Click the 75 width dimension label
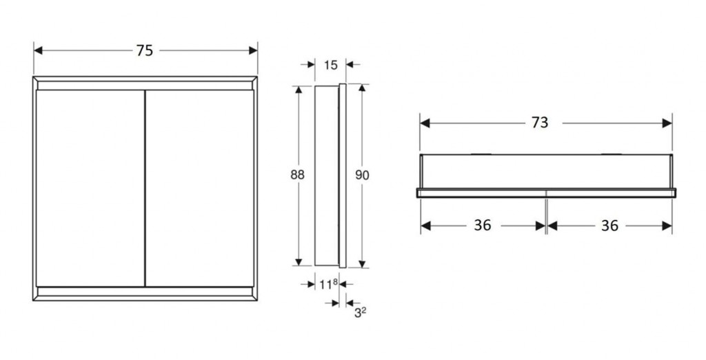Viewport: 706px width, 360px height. coord(144,50)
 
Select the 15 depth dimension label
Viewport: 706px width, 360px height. coord(330,65)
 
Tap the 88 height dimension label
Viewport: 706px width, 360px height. coord(297,175)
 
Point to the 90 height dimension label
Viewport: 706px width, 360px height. coord(362,175)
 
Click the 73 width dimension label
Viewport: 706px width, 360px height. coord(540,123)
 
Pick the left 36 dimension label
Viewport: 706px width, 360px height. coord(483,226)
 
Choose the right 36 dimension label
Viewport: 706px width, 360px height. coord(609,226)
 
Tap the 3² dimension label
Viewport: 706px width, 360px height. coord(359,312)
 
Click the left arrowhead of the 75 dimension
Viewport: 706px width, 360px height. coord(39,50)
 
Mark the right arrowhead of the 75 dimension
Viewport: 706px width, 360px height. coord(252,50)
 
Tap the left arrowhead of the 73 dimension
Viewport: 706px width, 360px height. coord(425,123)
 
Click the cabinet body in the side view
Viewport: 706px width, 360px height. coord(326,175)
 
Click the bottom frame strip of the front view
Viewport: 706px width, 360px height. coord(145,293)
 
